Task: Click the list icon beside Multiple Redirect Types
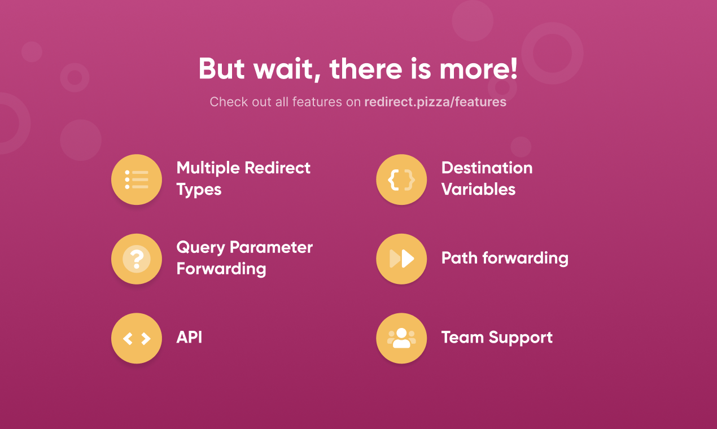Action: pyautogui.click(x=137, y=180)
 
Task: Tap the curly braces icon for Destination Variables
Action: pyautogui.click(x=401, y=180)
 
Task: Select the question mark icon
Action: pyautogui.click(x=137, y=259)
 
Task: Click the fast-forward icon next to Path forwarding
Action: pyautogui.click(x=402, y=259)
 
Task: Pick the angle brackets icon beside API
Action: pyautogui.click(x=137, y=338)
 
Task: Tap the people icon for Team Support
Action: pyautogui.click(x=401, y=338)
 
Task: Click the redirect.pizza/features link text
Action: pyautogui.click(x=435, y=102)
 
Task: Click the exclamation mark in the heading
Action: pyautogui.click(x=513, y=68)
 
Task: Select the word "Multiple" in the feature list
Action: pyautogui.click(x=208, y=168)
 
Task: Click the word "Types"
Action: pyautogui.click(x=199, y=190)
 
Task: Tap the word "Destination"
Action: pyautogui.click(x=487, y=168)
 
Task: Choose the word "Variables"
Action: pyautogui.click(x=478, y=189)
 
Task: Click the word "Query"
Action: pyautogui.click(x=200, y=248)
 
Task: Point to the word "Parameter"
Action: pyautogui.click(x=271, y=247)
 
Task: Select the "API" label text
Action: pyautogui.click(x=189, y=338)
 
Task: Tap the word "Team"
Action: pyautogui.click(x=462, y=338)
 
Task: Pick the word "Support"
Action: pyautogui.click(x=521, y=338)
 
